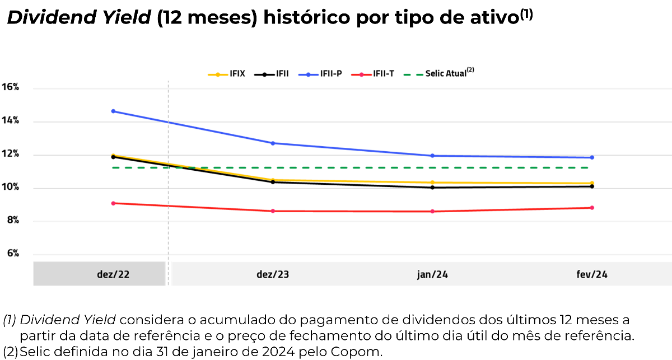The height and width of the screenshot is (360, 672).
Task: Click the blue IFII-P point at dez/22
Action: coord(113,111)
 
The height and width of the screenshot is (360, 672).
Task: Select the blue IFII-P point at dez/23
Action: coord(273,143)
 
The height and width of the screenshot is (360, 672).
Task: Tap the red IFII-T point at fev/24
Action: coord(592,208)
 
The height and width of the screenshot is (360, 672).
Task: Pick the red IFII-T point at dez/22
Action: coord(113,203)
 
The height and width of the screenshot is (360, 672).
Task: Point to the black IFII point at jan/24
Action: coord(432,188)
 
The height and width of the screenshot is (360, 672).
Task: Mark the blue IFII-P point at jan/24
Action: coord(432,156)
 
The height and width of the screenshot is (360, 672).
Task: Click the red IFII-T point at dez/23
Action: coord(273,211)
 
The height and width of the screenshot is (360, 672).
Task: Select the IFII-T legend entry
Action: coord(376,74)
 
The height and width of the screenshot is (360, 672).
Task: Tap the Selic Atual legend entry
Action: coord(443,73)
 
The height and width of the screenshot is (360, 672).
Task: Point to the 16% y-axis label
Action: coord(11,87)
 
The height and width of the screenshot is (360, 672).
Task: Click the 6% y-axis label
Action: coord(13,254)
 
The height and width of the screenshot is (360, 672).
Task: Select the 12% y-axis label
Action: coord(11,154)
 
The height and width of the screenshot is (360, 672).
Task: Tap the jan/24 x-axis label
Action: coord(432,274)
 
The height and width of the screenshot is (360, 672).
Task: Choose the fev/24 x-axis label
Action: coord(592,274)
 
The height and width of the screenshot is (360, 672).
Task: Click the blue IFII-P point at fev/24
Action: coord(592,157)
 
